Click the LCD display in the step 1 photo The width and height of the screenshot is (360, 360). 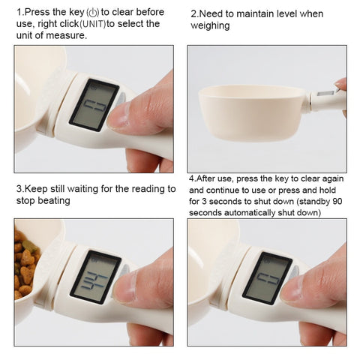(x=93, y=104)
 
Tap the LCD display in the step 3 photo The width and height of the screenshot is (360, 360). (x=94, y=277)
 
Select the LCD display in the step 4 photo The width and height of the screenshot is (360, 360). (x=266, y=277)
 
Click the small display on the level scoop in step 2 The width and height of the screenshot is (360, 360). (x=325, y=94)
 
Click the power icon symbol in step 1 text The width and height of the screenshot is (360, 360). (x=93, y=13)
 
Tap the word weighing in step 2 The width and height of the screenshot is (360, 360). (x=210, y=25)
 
